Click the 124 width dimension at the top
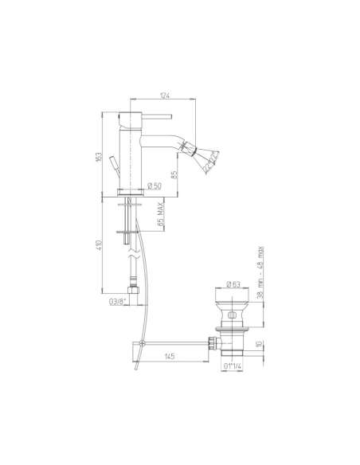click(165, 96)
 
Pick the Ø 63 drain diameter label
click(234, 283)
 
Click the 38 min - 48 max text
click(262, 271)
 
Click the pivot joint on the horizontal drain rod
click(140, 343)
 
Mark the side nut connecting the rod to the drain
click(213, 343)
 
